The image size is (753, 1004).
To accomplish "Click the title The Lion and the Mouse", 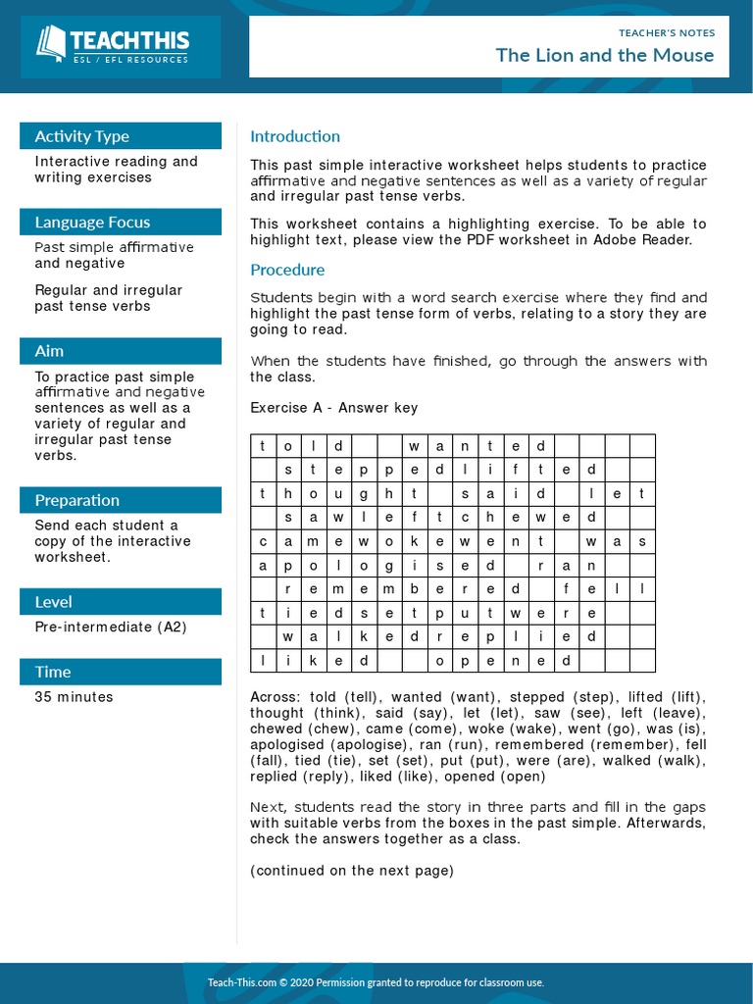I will click(x=604, y=55).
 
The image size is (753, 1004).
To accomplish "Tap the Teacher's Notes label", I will click(x=667, y=32).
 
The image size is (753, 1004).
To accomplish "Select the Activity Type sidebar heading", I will click(x=82, y=136).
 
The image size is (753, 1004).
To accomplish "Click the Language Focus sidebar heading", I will click(x=92, y=222).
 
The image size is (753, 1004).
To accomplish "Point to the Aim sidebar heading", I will click(x=49, y=350).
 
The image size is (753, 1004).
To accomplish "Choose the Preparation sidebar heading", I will click(x=77, y=500).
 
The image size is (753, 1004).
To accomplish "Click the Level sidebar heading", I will click(x=53, y=601).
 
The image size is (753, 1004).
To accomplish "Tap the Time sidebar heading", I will click(x=53, y=672).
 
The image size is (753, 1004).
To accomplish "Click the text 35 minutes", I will click(x=74, y=697).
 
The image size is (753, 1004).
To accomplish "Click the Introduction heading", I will click(x=295, y=136).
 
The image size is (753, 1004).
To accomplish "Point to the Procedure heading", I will click(x=287, y=270).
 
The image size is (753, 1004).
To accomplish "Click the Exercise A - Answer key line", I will click(x=333, y=408).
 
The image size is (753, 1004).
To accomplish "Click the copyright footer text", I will click(x=376, y=982).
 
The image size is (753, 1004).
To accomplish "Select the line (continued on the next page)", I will click(x=352, y=871).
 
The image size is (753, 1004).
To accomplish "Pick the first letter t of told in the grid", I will click(x=263, y=446).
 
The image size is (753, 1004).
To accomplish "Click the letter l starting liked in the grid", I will click(x=263, y=661).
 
